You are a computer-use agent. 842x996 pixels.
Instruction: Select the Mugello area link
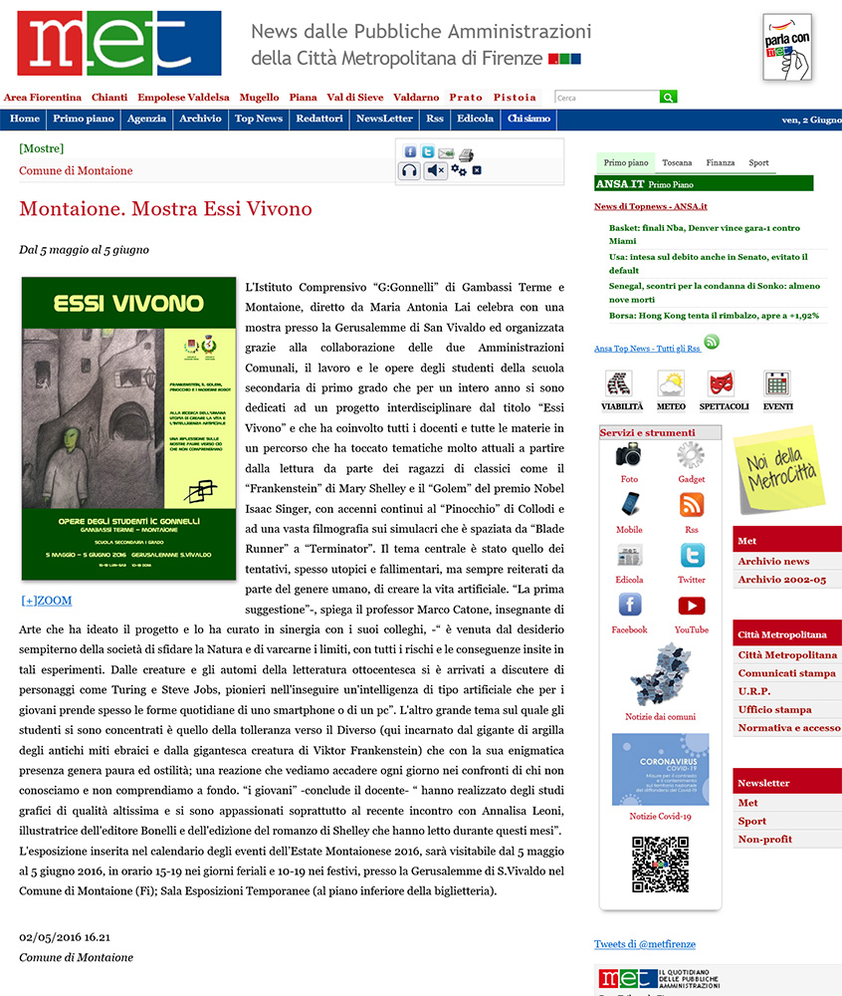click(x=259, y=98)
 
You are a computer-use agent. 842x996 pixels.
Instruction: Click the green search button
click(x=669, y=98)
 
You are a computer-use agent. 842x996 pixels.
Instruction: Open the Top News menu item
click(x=258, y=119)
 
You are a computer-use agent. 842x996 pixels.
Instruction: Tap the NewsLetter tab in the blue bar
click(x=384, y=119)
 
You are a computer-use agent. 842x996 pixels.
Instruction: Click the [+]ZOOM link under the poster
click(x=46, y=601)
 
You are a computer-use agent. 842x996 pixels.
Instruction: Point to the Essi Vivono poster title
click(x=128, y=301)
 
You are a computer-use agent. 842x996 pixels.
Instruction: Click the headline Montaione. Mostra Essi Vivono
click(x=165, y=209)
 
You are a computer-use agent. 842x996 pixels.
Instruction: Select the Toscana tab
click(x=677, y=162)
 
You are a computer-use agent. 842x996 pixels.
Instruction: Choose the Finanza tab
click(x=721, y=162)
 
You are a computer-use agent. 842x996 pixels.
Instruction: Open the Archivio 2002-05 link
click(x=781, y=580)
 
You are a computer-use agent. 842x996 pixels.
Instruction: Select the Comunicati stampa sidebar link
click(x=786, y=673)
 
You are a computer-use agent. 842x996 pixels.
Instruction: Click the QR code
click(x=660, y=865)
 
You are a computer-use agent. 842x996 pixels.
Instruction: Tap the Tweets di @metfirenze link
click(x=645, y=944)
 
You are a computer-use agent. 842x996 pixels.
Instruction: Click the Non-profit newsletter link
click(x=764, y=840)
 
